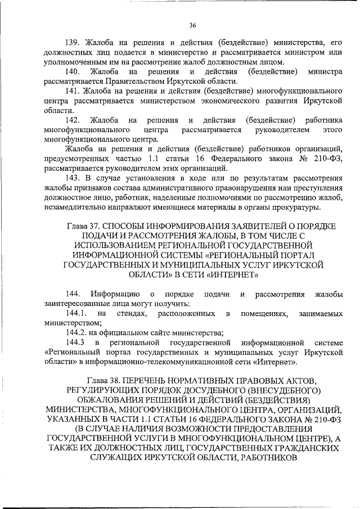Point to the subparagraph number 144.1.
(75, 313)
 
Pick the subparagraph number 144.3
(75, 343)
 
